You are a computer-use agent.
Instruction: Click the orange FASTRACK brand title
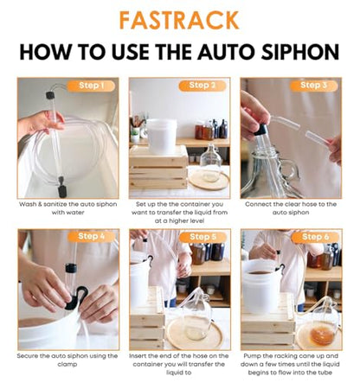179,20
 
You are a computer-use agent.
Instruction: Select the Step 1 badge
91,86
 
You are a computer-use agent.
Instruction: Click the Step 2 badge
202,86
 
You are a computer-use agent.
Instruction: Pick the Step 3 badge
314,86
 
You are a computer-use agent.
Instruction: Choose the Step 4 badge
91,237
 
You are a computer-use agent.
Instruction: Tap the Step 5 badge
202,237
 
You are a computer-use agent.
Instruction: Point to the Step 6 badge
315,237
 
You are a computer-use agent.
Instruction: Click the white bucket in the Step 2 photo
161,137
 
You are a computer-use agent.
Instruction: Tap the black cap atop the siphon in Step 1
50,95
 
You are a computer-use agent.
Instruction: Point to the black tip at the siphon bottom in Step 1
61,191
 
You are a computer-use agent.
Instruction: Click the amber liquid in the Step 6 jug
322,335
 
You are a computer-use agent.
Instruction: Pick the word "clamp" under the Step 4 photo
67,364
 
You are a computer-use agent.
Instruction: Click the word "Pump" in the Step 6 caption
252,356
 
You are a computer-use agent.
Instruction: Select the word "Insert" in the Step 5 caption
138,356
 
